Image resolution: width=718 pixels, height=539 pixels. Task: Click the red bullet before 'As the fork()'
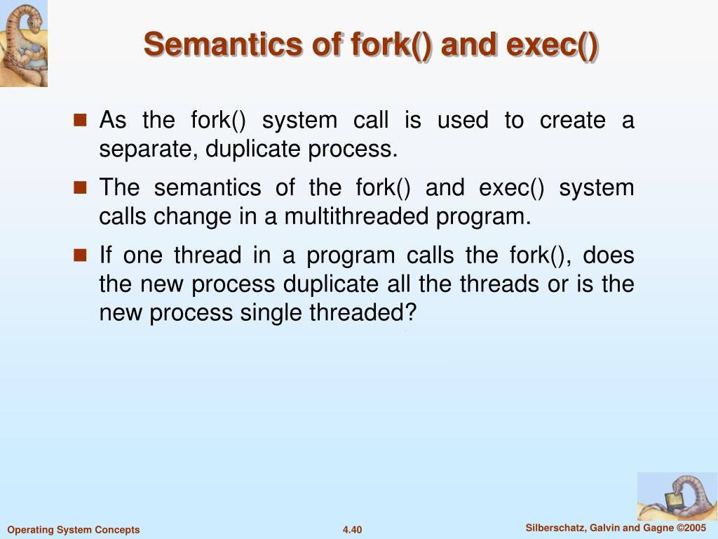(x=80, y=120)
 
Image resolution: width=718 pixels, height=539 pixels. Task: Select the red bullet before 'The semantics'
(x=80, y=187)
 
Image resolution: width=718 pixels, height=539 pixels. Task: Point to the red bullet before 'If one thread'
(x=80, y=255)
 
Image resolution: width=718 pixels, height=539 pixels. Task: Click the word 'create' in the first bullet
(x=572, y=120)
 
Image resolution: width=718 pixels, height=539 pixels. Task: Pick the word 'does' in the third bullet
(x=609, y=255)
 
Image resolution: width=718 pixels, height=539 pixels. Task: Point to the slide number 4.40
(x=352, y=530)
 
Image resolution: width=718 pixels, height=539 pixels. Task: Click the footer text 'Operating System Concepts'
(x=74, y=530)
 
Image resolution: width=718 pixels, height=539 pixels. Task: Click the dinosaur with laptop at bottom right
(x=677, y=496)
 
